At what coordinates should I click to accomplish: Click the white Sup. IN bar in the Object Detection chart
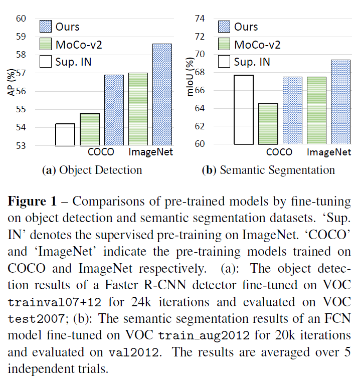click(65, 134)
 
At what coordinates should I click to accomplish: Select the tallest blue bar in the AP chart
click(162, 95)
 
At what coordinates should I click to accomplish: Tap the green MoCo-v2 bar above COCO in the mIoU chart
click(268, 124)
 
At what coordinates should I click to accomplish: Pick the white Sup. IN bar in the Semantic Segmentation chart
click(243, 109)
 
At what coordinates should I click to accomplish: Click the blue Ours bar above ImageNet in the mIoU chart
click(340, 102)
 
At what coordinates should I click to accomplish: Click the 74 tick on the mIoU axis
click(200, 19)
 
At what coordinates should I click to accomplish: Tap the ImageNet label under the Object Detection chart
click(151, 152)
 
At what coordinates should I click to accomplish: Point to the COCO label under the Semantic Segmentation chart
click(279, 152)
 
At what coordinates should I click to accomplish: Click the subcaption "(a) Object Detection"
click(92, 170)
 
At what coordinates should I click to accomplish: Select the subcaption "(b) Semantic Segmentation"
click(268, 170)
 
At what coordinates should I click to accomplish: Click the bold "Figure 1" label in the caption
click(33, 202)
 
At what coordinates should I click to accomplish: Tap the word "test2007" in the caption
click(33, 319)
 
